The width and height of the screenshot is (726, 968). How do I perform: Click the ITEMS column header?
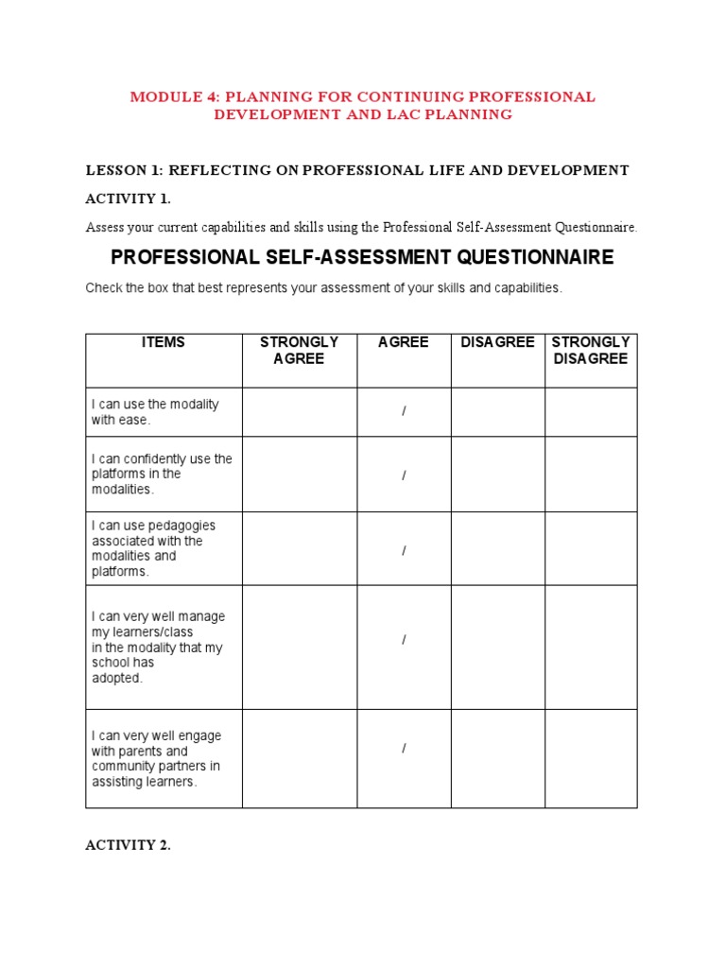[x=164, y=342]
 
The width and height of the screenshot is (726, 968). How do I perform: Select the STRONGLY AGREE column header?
[x=299, y=351]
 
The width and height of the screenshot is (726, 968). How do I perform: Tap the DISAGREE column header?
[x=497, y=342]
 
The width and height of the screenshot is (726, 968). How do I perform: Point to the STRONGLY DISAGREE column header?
[x=591, y=351]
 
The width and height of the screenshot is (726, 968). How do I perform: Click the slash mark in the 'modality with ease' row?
[x=404, y=412]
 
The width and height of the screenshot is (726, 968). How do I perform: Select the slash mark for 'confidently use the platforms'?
[x=404, y=475]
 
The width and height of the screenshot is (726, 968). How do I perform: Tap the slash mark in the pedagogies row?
[x=404, y=549]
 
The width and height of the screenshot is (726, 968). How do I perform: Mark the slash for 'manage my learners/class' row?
[x=404, y=640]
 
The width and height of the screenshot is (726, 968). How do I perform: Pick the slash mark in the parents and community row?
[x=404, y=749]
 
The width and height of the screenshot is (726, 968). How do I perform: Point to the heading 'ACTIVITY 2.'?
[x=129, y=846]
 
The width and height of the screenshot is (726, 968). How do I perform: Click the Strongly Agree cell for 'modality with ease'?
[x=299, y=412]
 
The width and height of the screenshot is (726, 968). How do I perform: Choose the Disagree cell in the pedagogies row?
[x=497, y=549]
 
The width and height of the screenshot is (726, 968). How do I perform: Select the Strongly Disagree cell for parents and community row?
[x=591, y=758]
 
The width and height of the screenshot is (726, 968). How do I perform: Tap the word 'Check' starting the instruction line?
[x=103, y=288]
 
